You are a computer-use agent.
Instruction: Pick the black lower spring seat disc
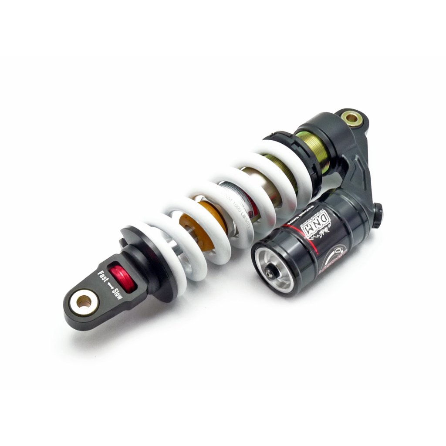[148, 261]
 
